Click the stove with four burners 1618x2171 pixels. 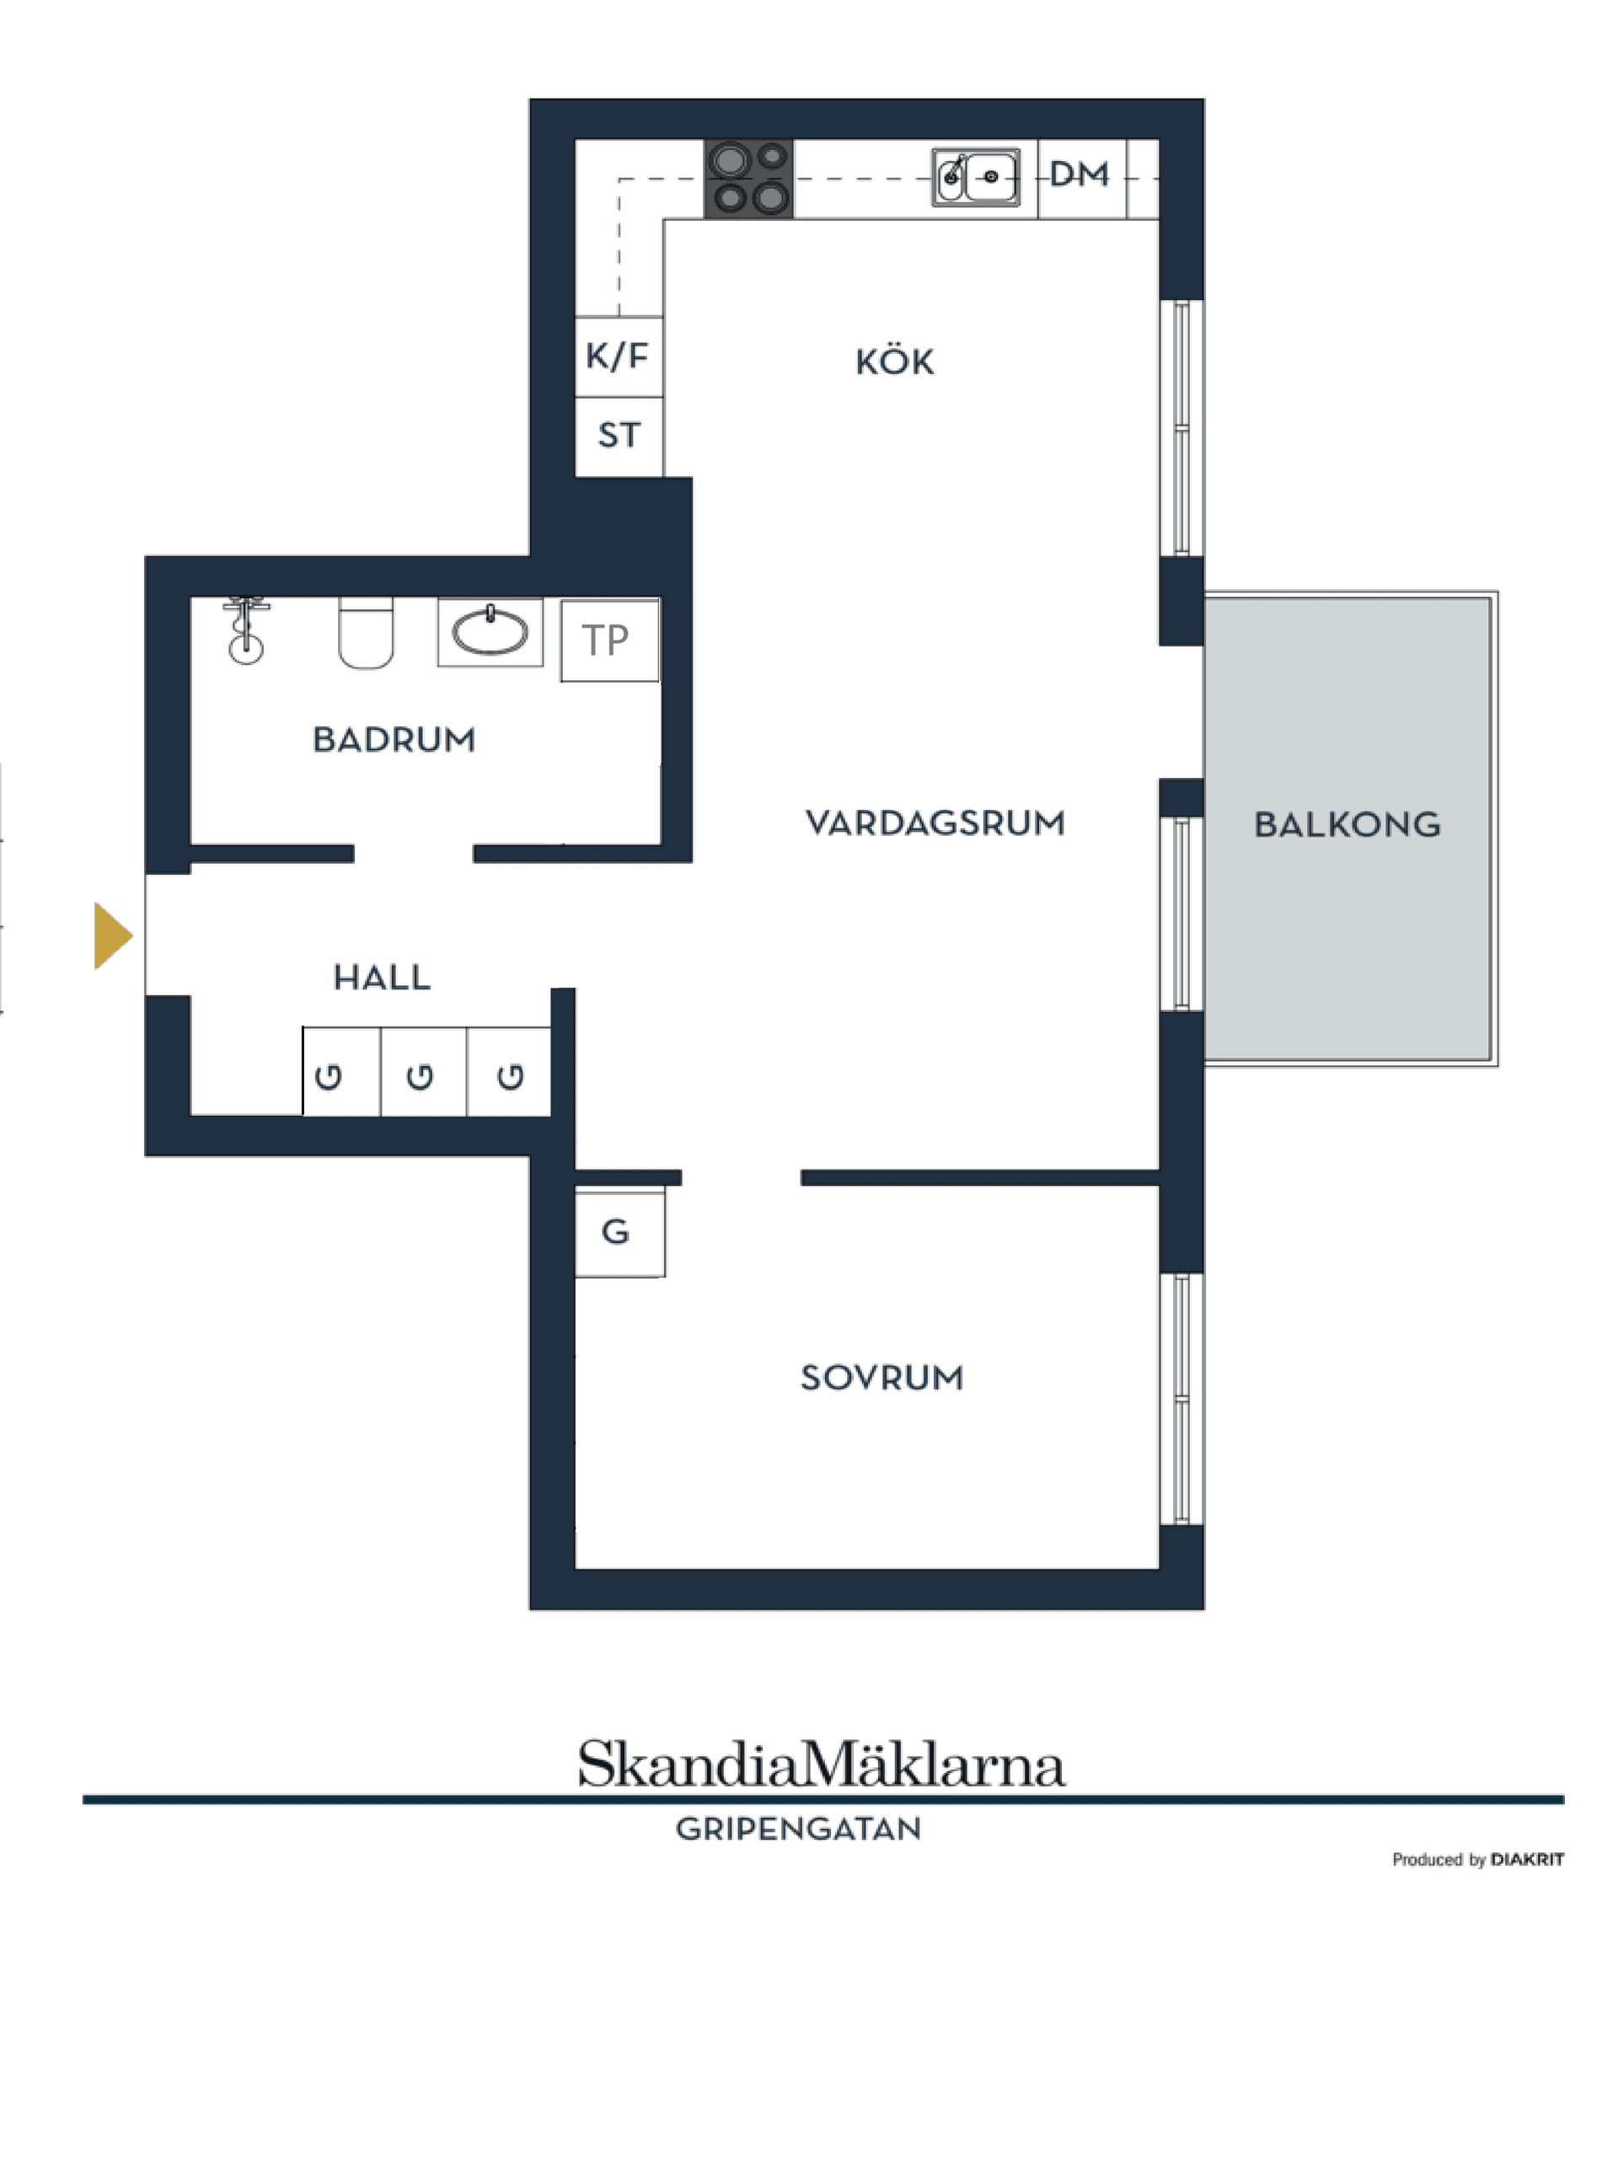pyautogui.click(x=748, y=180)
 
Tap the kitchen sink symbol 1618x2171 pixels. pyautogui.click(x=976, y=177)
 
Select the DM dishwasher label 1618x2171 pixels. pyautogui.click(x=1080, y=175)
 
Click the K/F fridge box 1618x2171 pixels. pyautogui.click(x=618, y=356)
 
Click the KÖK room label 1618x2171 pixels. pyautogui.click(x=894, y=363)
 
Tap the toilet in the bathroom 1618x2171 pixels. pyautogui.click(x=366, y=634)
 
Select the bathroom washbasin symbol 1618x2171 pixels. pyautogui.click(x=490, y=631)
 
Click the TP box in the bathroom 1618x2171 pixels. pyautogui.click(x=608, y=641)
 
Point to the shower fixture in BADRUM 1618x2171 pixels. pyautogui.click(x=246, y=631)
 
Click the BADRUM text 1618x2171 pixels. pyautogui.click(x=394, y=740)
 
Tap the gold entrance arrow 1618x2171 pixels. pyautogui.click(x=111, y=936)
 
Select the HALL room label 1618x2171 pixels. pyautogui.click(x=382, y=978)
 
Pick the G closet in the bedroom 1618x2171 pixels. pyautogui.click(x=617, y=1232)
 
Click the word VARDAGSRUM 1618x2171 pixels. pyautogui.click(x=935, y=823)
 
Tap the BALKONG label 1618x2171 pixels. pyautogui.click(x=1347, y=826)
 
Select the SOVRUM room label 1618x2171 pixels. pyautogui.click(x=881, y=1379)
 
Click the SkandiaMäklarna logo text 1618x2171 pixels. pyautogui.click(x=821, y=1766)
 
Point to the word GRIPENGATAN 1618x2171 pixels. pyautogui.click(x=798, y=1829)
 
